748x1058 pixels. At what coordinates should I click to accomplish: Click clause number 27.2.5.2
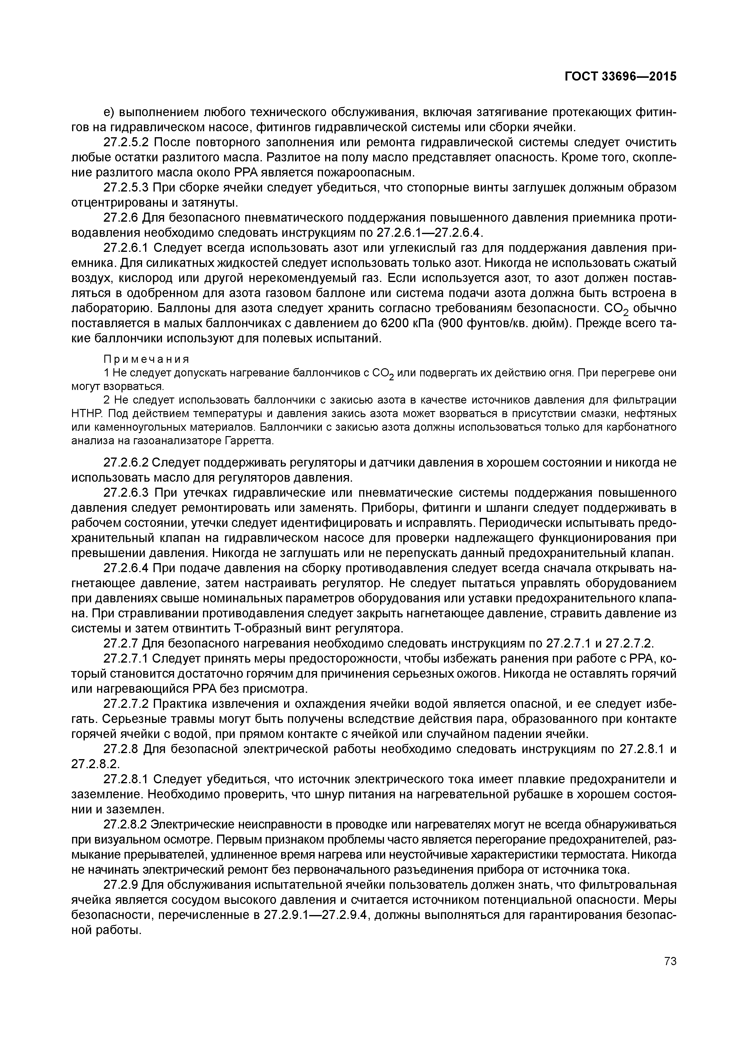pos(126,142)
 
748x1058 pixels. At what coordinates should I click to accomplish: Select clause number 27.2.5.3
pos(126,188)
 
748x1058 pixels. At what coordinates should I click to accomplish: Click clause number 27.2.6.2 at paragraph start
pos(126,462)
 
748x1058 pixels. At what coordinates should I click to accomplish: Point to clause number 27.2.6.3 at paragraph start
pos(126,493)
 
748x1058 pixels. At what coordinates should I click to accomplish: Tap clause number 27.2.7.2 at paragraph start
pos(126,704)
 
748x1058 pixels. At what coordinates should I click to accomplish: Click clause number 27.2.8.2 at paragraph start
pos(126,825)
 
